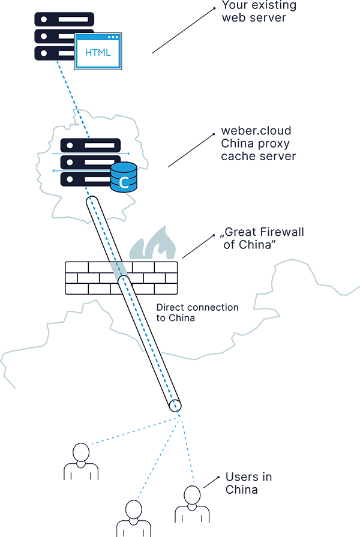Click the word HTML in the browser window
point(98,52)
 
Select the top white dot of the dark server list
point(44,19)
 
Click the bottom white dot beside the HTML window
point(44,53)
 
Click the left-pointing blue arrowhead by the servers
point(53,170)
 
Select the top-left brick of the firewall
point(77,266)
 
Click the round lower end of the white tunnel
point(175,406)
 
